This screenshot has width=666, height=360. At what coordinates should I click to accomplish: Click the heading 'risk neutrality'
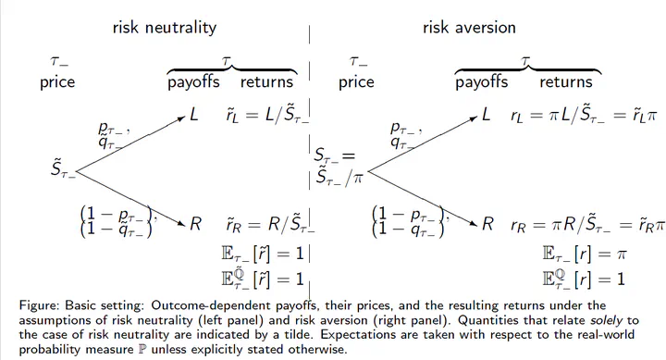pyautogui.click(x=165, y=28)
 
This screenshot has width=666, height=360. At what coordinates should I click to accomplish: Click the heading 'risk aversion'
pyautogui.click(x=469, y=28)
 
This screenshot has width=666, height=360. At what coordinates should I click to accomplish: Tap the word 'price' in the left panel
pyautogui.click(x=57, y=82)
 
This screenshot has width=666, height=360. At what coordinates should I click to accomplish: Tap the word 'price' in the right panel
pyautogui.click(x=356, y=82)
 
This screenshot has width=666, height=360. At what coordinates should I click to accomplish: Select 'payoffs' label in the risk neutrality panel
pyautogui.click(x=193, y=82)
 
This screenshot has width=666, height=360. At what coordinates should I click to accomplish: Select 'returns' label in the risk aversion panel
pyautogui.click(x=566, y=81)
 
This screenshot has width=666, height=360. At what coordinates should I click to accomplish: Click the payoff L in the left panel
pyautogui.click(x=193, y=115)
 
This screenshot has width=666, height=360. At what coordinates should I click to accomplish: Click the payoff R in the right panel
pyautogui.click(x=487, y=224)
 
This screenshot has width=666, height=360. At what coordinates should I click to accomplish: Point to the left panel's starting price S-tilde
pyautogui.click(x=63, y=169)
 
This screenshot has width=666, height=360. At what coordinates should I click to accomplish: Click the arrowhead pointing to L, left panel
pyautogui.click(x=182, y=118)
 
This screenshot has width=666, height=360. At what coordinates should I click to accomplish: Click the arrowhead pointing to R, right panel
pyautogui.click(x=475, y=223)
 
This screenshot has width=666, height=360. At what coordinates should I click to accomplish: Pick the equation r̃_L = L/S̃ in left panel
pyautogui.click(x=267, y=115)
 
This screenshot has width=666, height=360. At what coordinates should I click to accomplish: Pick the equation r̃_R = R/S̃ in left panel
pyautogui.click(x=270, y=224)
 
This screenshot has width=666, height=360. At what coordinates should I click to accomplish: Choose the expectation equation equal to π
pyautogui.click(x=585, y=254)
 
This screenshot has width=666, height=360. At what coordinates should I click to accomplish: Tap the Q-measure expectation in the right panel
pyautogui.click(x=584, y=279)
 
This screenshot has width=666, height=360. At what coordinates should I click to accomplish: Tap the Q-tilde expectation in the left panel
pyautogui.click(x=263, y=279)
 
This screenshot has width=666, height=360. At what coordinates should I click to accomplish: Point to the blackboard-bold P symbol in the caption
pyautogui.click(x=142, y=350)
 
